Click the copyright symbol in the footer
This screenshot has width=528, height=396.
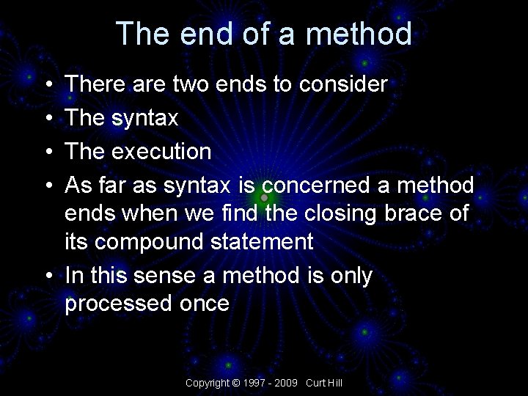pos(235,383)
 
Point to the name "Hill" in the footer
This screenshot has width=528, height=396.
pos(335,383)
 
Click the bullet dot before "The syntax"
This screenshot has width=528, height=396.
pos(47,118)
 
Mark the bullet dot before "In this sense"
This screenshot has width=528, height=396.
pos(47,276)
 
